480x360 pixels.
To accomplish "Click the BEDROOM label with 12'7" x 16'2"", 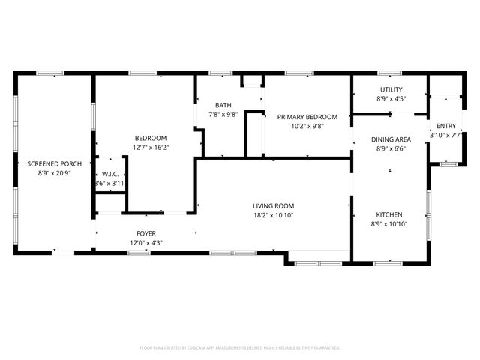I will point(150,138).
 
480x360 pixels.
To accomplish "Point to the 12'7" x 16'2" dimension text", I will point(150,148).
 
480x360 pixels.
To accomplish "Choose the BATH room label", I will point(223,105).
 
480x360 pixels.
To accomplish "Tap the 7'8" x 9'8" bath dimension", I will point(223,115).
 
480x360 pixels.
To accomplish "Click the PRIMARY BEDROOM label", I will point(307,117).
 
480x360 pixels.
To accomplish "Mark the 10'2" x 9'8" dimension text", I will point(307,127).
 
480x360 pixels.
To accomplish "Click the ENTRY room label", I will point(445,126).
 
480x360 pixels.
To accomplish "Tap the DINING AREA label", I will point(391,139).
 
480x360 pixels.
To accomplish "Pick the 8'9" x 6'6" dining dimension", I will point(391,149).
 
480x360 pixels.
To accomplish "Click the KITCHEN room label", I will point(389,214).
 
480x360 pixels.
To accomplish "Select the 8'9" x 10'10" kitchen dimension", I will point(389,224).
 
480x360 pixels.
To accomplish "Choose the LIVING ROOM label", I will point(272,206).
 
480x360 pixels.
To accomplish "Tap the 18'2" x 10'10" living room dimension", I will point(272,216).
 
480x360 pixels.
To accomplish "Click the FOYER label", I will point(145,233).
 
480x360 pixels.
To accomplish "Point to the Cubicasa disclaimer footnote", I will point(240,347).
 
